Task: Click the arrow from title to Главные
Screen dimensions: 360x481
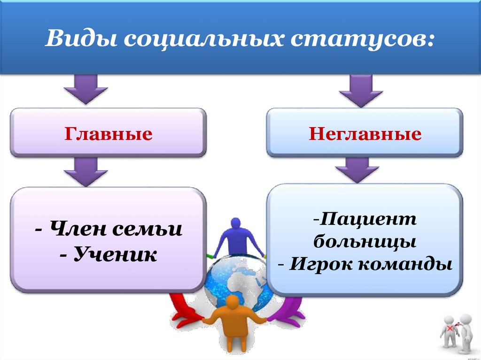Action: (x=85, y=89)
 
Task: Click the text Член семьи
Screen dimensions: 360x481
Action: (x=108, y=230)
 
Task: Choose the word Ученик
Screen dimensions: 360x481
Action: (x=108, y=255)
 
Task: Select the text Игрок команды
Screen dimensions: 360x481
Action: (x=365, y=264)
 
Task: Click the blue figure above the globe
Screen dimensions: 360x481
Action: (x=238, y=237)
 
